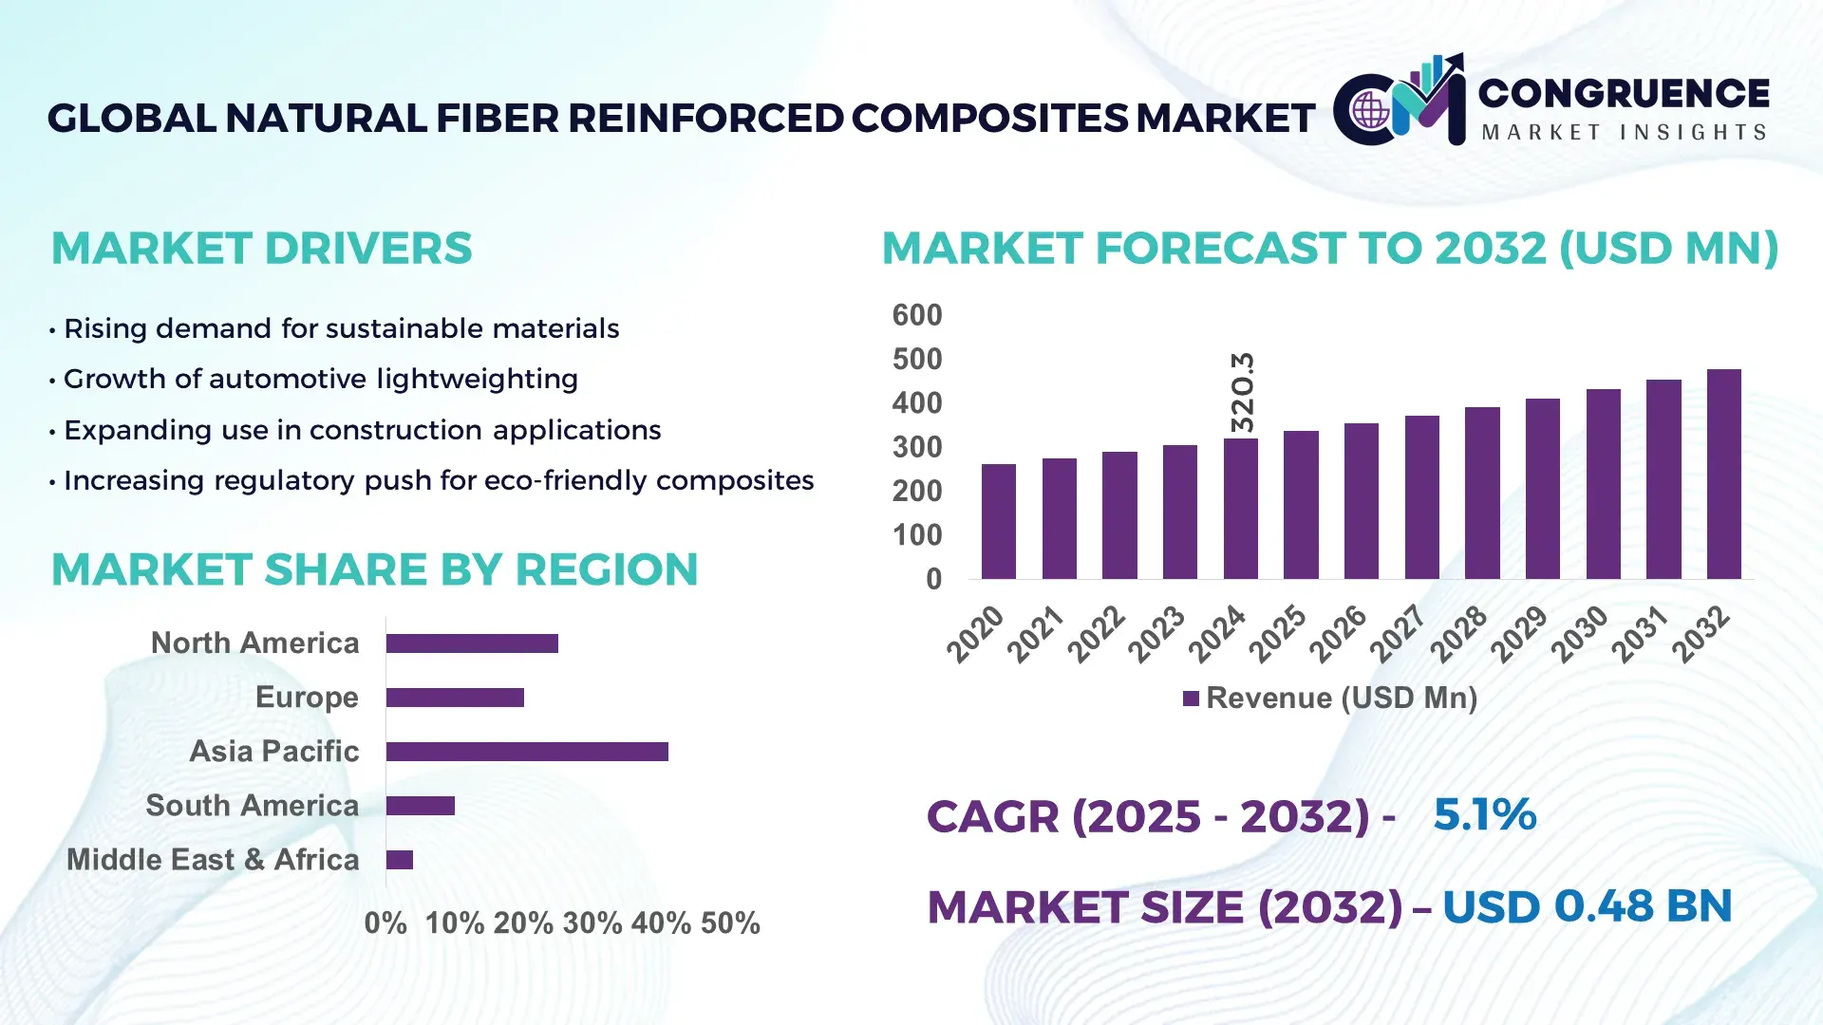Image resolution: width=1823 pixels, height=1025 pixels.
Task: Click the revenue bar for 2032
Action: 1723,475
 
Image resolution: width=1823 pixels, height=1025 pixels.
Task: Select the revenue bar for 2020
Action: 998,522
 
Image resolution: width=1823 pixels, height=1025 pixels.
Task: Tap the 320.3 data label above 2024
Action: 1242,392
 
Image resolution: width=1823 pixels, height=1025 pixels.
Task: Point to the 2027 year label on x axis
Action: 1397,633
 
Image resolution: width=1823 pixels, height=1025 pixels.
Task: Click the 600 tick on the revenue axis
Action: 916,315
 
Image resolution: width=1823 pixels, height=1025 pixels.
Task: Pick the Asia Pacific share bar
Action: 527,752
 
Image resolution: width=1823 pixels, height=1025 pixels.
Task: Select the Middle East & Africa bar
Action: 400,860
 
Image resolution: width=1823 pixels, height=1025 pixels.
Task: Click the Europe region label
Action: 307,698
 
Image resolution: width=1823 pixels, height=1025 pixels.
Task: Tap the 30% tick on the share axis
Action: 592,923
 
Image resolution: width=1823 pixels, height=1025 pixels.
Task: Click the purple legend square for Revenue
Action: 1191,699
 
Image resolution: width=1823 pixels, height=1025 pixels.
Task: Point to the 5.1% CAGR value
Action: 1484,815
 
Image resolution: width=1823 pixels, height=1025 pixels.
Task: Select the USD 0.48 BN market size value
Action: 1587,906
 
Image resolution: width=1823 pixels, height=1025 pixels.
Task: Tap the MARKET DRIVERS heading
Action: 261,249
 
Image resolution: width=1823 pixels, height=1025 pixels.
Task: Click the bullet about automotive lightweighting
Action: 320,380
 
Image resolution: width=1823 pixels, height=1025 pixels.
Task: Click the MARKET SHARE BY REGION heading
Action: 374,570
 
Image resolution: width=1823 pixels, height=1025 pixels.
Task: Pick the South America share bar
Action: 421,806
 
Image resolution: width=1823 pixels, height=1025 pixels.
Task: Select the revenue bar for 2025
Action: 1301,505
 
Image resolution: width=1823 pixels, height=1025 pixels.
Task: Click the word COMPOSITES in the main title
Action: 989,119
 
